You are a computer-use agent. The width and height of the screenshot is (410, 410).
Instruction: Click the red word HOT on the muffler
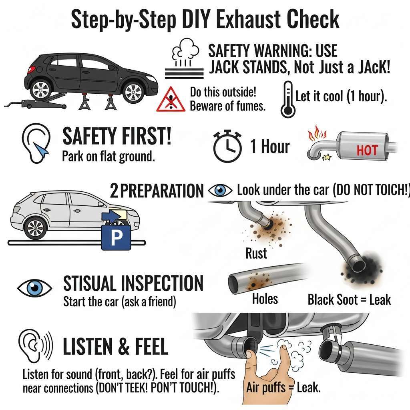pos(367,151)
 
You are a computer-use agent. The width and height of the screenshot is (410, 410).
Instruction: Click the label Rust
pos(256,253)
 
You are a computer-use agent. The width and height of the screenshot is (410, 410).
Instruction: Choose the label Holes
pos(265,299)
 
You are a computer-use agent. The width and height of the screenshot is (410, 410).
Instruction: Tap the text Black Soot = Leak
pos(349,299)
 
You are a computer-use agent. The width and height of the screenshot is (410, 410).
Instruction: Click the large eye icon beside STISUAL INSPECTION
pos(34,287)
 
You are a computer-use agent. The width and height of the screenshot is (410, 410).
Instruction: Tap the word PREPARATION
pos(162,191)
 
